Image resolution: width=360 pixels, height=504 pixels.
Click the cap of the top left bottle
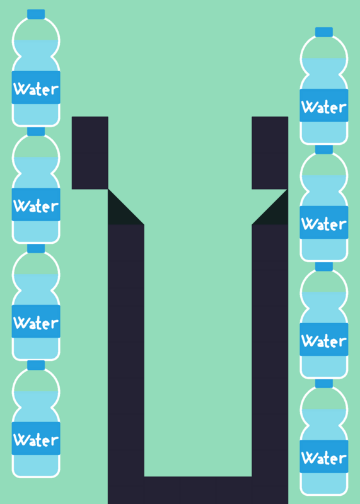(36, 14)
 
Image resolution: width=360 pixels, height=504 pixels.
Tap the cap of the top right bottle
(323, 32)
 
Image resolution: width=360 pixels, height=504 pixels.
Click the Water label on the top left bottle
(36, 88)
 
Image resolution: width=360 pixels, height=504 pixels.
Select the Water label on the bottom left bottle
(36, 438)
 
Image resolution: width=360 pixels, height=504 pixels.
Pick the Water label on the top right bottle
(324, 106)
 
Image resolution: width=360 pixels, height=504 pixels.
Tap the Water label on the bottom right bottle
(324, 456)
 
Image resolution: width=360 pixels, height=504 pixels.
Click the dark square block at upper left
(90, 152)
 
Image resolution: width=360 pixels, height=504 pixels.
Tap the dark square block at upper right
(270, 152)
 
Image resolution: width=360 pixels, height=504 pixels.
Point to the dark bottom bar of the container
(198, 490)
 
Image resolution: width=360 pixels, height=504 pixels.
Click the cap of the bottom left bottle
(36, 365)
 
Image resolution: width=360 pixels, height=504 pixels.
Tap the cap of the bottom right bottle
(323, 384)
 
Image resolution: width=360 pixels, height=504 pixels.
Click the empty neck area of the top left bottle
(36, 30)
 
